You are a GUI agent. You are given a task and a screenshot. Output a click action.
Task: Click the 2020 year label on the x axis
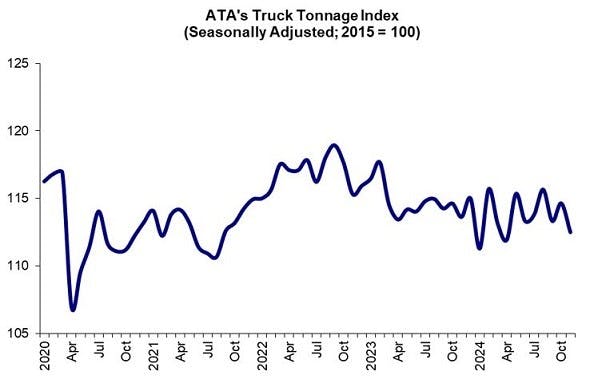coord(44,357)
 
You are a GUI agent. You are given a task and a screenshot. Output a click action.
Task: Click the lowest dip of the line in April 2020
coord(73,309)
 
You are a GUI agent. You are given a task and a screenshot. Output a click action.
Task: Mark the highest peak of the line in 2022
coord(334,145)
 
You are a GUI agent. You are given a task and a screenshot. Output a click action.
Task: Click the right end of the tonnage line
coord(570,232)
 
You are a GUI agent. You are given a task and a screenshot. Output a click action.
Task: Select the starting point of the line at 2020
coord(44,181)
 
